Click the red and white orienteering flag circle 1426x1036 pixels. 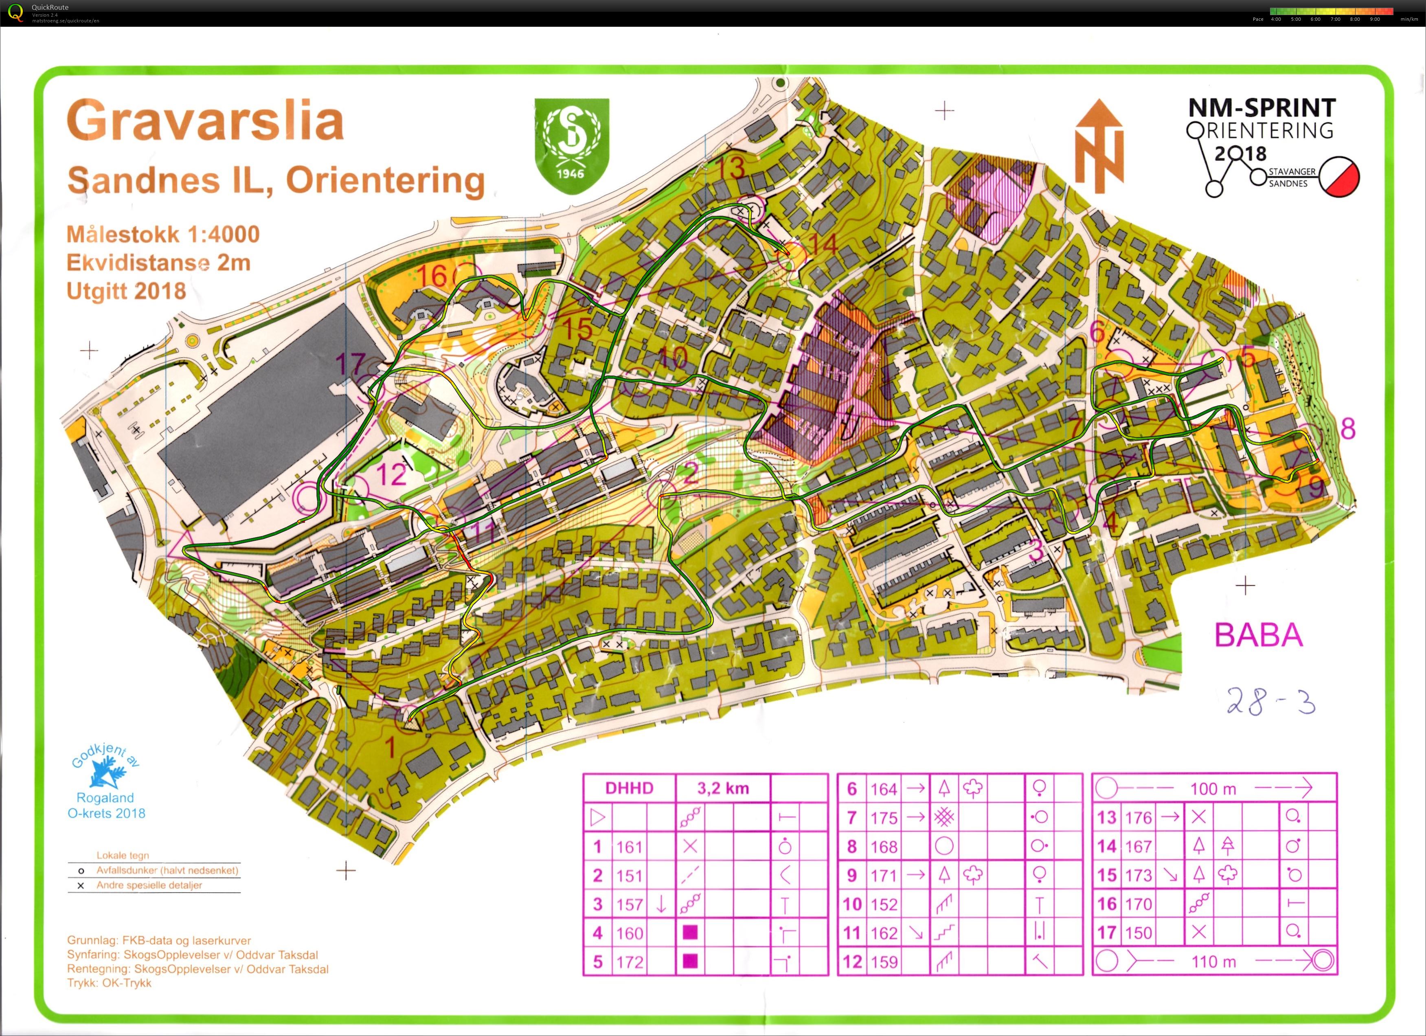point(1339,177)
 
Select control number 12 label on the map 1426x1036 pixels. point(391,474)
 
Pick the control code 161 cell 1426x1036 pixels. point(629,847)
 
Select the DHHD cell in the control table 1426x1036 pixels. point(629,788)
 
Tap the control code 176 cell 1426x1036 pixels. point(1138,817)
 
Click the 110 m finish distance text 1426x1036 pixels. point(1213,961)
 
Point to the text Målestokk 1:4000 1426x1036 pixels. point(163,235)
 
